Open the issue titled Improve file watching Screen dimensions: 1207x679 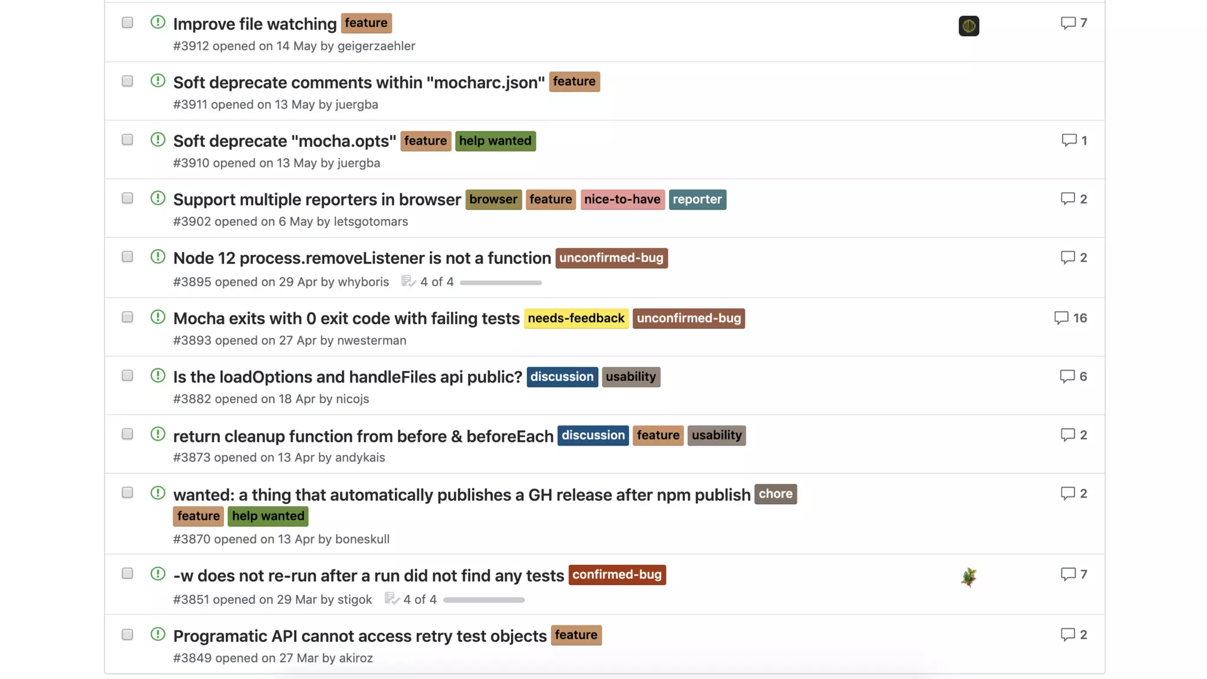[255, 24]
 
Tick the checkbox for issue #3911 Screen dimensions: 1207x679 [127, 81]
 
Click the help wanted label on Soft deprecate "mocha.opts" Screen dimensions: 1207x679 [495, 141]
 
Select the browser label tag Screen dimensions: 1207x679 [493, 199]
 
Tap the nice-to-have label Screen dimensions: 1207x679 [622, 199]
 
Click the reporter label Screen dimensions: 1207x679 [697, 199]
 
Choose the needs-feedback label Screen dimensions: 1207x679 [576, 318]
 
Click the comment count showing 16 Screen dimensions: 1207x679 [1071, 318]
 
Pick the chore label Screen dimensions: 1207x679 [775, 494]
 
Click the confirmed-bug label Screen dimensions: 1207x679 [616, 575]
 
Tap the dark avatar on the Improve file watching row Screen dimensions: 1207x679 [968, 26]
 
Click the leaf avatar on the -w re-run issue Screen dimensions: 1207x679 [968, 577]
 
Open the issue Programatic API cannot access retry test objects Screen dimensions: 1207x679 [360, 636]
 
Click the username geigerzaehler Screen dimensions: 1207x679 [376, 46]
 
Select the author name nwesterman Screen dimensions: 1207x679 [371, 341]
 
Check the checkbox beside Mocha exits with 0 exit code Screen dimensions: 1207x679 [127, 317]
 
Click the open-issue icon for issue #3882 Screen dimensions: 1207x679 [157, 375]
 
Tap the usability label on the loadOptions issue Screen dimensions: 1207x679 [631, 377]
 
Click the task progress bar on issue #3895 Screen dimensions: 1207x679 [500, 283]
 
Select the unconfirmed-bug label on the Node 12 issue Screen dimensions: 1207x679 [611, 258]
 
